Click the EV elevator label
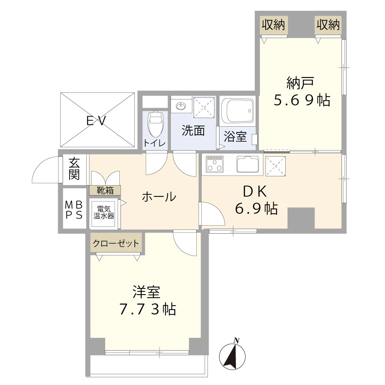pyautogui.click(x=96, y=121)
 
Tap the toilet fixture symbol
pyautogui.click(x=155, y=124)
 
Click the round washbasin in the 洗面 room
pyautogui.click(x=181, y=105)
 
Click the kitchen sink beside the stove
pyautogui.click(x=249, y=164)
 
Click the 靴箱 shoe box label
pyautogui.click(x=105, y=190)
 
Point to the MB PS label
pyautogui.click(x=74, y=209)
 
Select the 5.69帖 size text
pyautogui.click(x=301, y=100)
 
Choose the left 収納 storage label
pyautogui.click(x=273, y=25)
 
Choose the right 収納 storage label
pyautogui.click(x=328, y=25)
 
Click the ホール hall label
pyautogui.click(x=159, y=197)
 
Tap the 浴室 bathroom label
pyautogui.click(x=235, y=137)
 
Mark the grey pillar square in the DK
pyautogui.click(x=301, y=218)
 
